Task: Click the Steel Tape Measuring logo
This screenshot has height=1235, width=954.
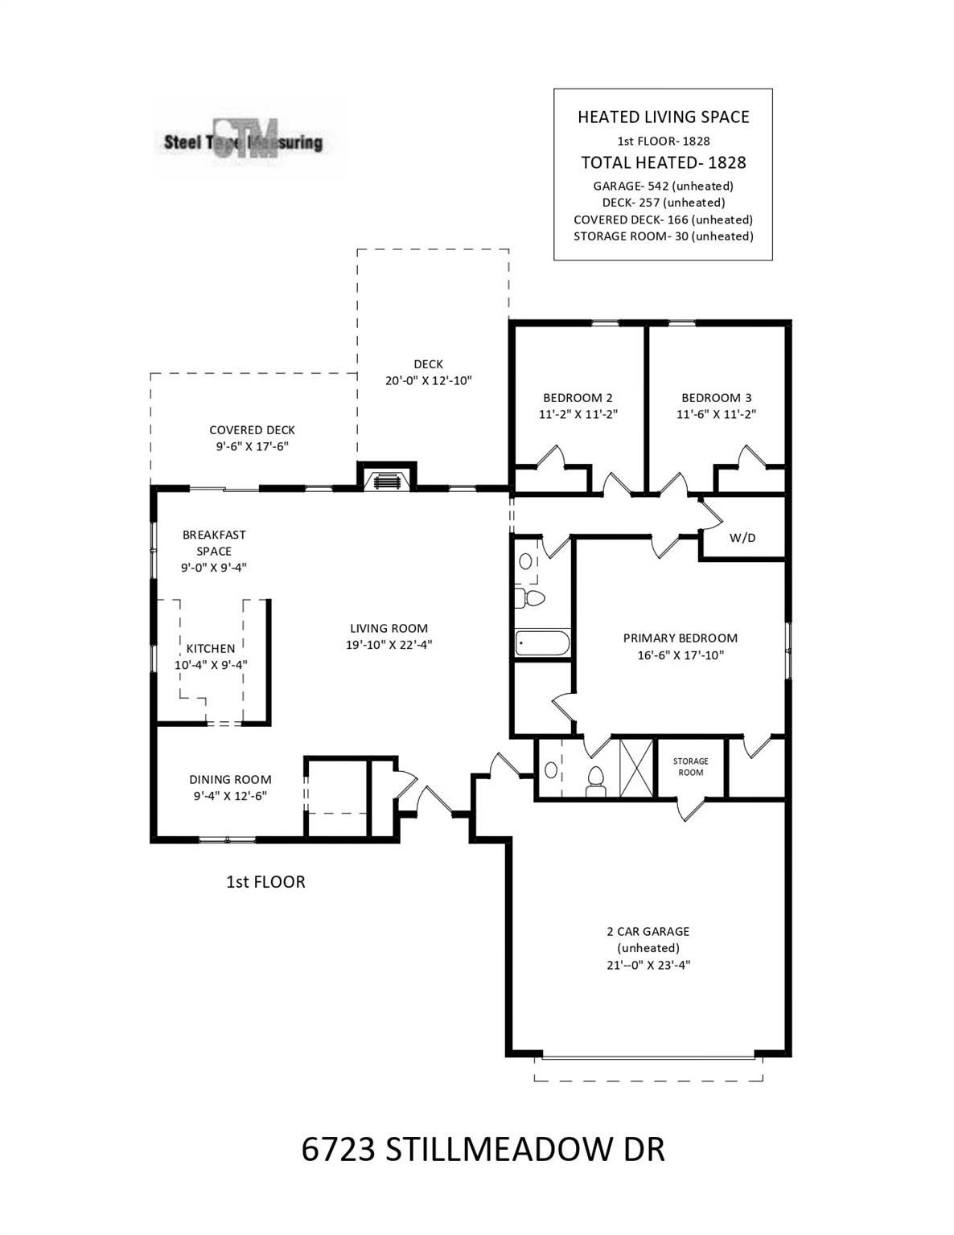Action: tap(244, 140)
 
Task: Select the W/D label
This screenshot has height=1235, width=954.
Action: tap(742, 538)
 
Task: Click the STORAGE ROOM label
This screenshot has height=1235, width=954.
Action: tap(691, 767)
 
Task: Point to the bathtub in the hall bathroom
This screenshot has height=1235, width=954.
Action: tap(542, 642)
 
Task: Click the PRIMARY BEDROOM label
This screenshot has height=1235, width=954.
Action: tap(681, 638)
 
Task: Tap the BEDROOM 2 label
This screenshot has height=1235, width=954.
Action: tap(578, 398)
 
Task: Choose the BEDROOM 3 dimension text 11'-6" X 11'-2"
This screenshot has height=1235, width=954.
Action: tap(717, 414)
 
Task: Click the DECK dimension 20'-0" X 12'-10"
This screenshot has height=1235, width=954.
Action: tap(429, 381)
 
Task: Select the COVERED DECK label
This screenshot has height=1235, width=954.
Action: tap(252, 430)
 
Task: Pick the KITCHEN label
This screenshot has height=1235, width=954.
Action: tap(211, 649)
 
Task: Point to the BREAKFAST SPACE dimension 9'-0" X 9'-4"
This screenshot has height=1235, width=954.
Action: tap(214, 568)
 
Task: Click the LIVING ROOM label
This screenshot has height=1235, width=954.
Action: tap(389, 629)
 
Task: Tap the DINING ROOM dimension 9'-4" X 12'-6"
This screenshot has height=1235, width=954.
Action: tap(230, 796)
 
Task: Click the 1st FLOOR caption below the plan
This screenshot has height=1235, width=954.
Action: tap(265, 882)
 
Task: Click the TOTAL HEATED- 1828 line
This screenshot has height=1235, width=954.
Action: tap(664, 162)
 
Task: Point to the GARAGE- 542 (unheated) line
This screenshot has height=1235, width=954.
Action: tap(663, 186)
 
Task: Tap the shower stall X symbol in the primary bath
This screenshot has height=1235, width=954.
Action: tap(636, 768)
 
